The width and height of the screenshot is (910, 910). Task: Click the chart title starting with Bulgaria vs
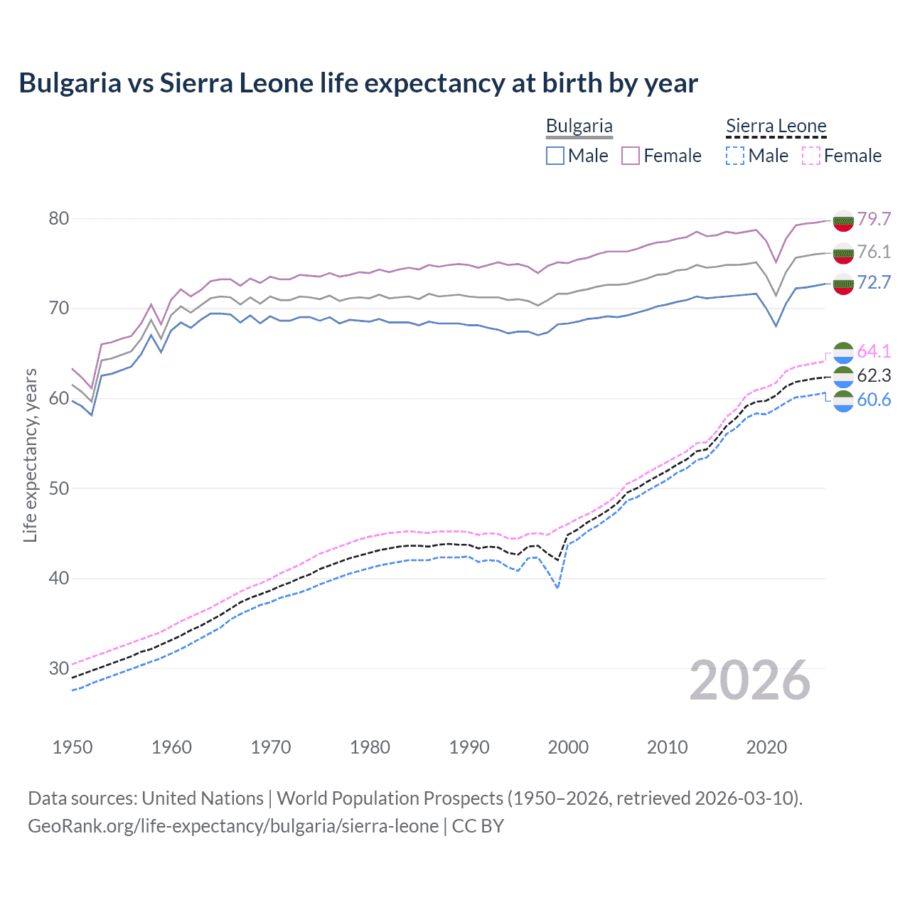358,83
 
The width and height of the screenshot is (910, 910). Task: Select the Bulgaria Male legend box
555,156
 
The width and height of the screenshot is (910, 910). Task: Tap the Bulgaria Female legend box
631,156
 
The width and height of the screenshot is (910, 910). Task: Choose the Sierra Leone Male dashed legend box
735,156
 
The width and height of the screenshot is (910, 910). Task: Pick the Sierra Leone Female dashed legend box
811,156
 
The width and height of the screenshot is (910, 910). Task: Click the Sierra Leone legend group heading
776,127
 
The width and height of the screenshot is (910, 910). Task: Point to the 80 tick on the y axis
59,218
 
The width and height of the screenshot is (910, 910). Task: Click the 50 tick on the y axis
59,488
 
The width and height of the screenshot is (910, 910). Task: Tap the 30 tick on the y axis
59,668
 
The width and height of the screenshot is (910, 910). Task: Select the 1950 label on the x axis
73,747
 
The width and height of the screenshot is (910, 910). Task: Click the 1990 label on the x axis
469,747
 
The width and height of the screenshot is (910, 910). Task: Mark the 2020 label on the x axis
766,747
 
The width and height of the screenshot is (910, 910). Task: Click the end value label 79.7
874,219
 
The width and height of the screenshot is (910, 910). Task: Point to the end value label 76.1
874,252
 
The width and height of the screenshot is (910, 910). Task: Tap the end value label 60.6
874,400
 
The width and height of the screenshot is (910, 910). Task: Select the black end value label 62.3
874,375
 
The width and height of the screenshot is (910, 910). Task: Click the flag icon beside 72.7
843,284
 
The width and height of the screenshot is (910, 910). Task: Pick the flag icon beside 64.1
843,352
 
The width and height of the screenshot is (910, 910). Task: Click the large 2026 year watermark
750,680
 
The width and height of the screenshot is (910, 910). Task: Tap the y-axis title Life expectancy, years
30,455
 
